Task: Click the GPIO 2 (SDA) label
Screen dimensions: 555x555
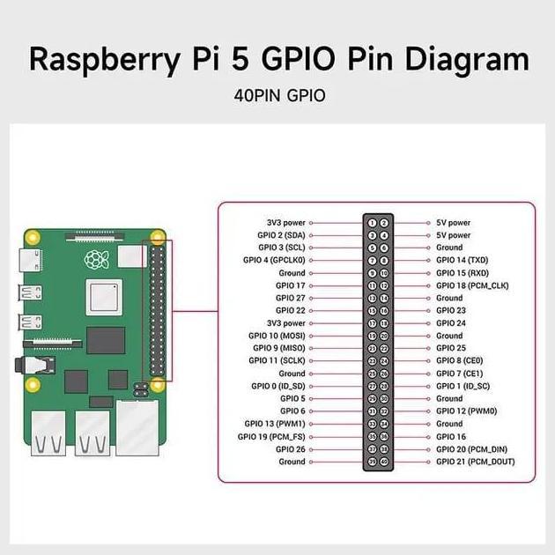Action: pyautogui.click(x=281, y=235)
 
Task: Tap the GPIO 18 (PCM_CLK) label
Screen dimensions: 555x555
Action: pyautogui.click(x=471, y=285)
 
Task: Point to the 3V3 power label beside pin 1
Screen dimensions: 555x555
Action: pyautogui.click(x=286, y=223)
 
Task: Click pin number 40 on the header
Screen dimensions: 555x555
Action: pyautogui.click(x=384, y=462)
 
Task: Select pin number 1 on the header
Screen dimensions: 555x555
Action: pyautogui.click(x=372, y=223)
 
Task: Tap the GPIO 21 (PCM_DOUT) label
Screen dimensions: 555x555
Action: pyautogui.click(x=475, y=462)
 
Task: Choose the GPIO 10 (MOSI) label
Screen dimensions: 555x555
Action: pyautogui.click(x=277, y=336)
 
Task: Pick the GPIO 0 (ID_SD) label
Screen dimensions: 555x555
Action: pyautogui.click(x=278, y=386)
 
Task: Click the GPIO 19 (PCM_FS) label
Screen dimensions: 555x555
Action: pyautogui.click(x=273, y=436)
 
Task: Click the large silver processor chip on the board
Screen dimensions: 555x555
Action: pyautogui.click(x=104, y=297)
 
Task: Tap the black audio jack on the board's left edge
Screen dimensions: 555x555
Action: pyautogui.click(x=37, y=363)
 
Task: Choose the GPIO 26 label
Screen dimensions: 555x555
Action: pyautogui.click(x=291, y=449)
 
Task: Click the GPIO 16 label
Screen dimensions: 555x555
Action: pyautogui.click(x=451, y=436)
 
